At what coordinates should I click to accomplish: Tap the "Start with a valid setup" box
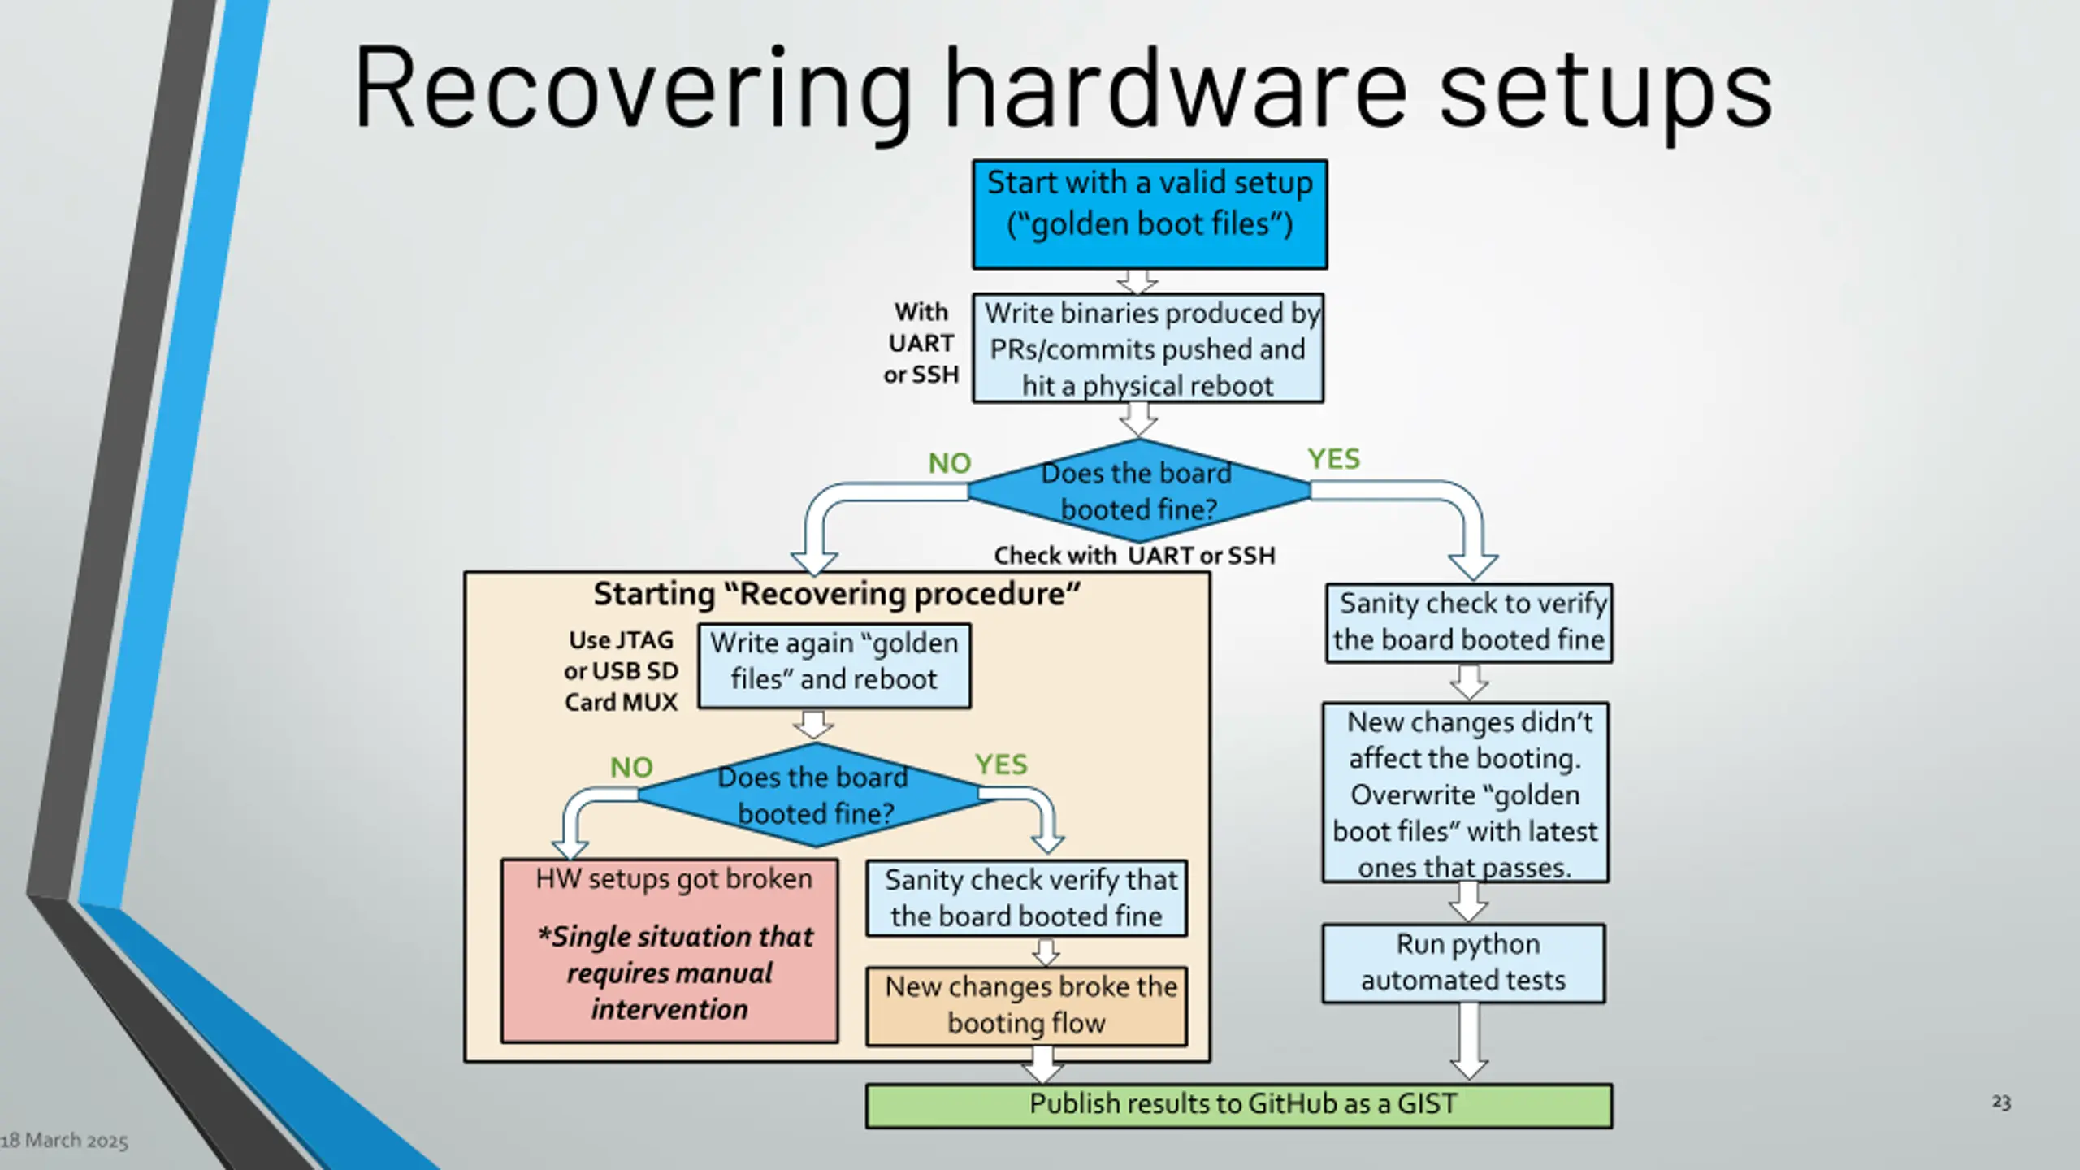coord(1150,214)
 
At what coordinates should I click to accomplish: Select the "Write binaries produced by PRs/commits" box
coord(1148,349)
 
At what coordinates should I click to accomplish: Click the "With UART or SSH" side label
coord(921,343)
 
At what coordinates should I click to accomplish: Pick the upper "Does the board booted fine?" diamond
coord(1138,491)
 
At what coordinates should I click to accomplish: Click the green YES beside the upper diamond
coord(1333,459)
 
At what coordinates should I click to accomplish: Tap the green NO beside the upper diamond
coord(950,463)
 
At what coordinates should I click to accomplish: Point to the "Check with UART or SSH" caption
coord(1134,556)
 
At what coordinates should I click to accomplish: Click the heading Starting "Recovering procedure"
coord(837,594)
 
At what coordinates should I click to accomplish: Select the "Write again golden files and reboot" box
coord(834,666)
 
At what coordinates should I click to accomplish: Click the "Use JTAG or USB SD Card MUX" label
coord(622,671)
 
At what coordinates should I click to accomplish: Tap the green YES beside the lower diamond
coord(1001,765)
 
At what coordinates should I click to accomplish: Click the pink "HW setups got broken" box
coord(669,951)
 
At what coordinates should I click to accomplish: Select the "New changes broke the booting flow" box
coord(1027,1006)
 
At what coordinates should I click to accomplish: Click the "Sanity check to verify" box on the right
coord(1469,623)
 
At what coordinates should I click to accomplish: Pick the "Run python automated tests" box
coord(1464,964)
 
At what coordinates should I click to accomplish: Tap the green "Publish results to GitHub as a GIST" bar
coord(1239,1106)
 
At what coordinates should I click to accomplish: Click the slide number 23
coord(2001,1103)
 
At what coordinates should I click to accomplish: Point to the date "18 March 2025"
coord(64,1141)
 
